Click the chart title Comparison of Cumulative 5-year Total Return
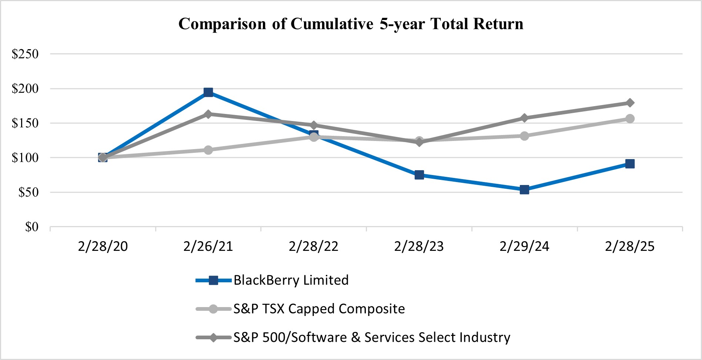[351, 24]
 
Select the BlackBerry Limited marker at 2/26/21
[208, 92]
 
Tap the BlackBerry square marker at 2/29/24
[524, 190]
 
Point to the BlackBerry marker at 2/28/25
[630, 164]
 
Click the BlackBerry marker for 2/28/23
[419, 175]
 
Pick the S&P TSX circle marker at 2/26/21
[208, 150]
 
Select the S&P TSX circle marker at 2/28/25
[630, 118]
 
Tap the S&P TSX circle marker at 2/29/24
[524, 136]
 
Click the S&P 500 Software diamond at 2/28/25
[630, 102]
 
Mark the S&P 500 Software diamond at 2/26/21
[208, 114]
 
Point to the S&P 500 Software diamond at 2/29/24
[524, 118]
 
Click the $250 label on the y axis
[25, 54]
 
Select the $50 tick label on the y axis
[28, 192]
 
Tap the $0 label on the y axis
[31, 227]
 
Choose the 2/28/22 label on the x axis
[314, 246]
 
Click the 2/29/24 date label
[524, 246]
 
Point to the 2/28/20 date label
[103, 246]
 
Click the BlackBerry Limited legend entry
[291, 280]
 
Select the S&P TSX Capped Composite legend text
[319, 309]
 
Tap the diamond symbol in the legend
[213, 337]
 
